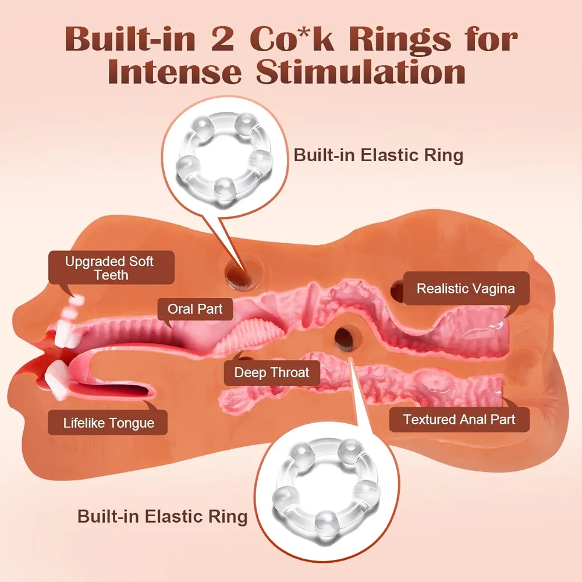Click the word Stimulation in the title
pos(360,72)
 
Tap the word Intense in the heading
pos(175,72)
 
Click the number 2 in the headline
pos(222,40)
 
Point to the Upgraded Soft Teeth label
pos(111,268)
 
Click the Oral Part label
pos(195,309)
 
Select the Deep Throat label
pos(272,372)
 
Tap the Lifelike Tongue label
pos(108,423)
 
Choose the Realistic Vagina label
pos(466,289)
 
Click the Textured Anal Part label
pos(459,420)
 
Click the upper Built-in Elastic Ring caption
pos(378,155)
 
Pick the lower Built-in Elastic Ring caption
pos(162,516)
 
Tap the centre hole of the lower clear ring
pos(327,487)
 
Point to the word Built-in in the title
pos(130,40)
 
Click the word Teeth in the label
pos(111,275)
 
